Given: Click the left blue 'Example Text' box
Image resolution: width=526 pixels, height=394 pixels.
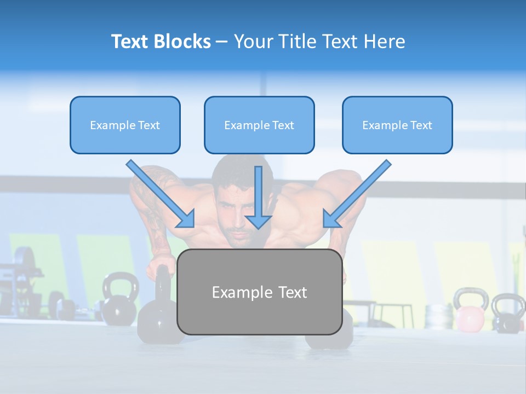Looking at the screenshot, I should point(125,125).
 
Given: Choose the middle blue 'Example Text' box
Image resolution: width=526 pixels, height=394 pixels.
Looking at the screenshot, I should point(259,125).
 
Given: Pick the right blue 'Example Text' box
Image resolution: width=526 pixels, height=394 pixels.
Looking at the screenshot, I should point(397,125).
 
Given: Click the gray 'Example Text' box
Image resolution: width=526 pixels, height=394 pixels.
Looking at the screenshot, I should point(259,292).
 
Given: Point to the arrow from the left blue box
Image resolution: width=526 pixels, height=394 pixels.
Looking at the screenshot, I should point(161,194).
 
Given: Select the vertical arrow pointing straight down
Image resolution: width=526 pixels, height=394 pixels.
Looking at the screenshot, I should point(258,197).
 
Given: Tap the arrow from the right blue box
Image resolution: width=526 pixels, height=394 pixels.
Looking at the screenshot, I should point(357,194).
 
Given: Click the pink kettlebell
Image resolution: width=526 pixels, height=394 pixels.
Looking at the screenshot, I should point(470,317).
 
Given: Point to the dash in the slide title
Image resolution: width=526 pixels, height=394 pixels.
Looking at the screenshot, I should point(222,42).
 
